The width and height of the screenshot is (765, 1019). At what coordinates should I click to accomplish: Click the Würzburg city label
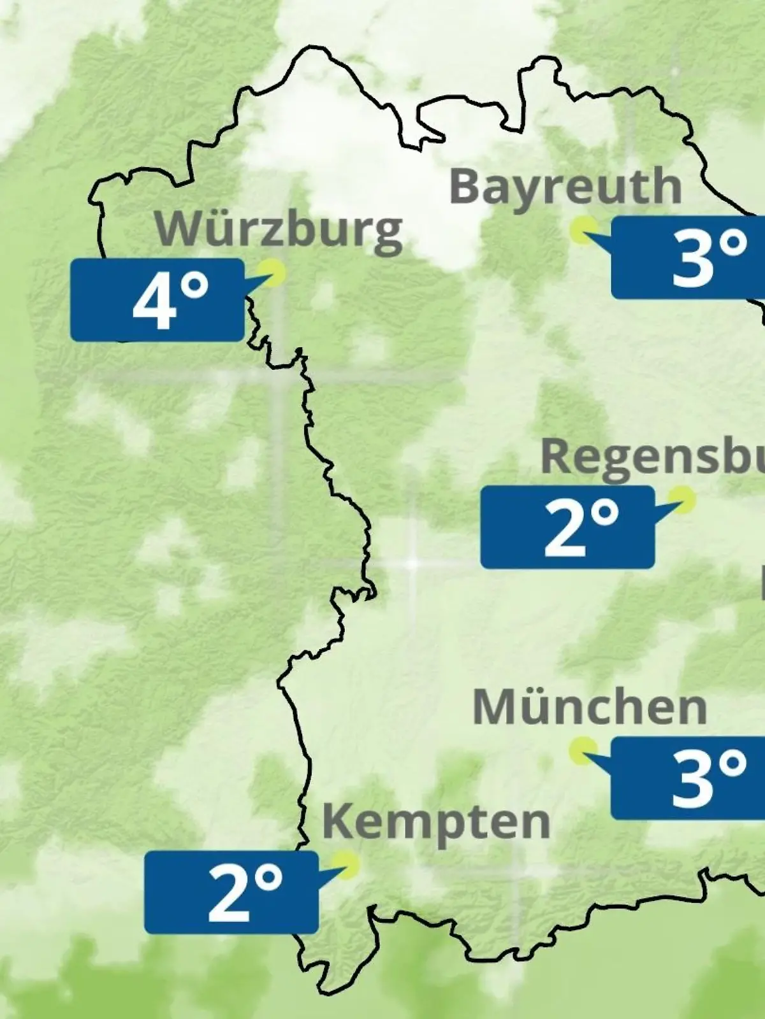[279, 229]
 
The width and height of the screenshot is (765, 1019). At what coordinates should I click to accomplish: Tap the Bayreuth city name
[565, 187]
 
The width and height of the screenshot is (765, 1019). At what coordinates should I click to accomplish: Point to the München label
[590, 707]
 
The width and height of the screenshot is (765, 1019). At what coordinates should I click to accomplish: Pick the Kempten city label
[436, 822]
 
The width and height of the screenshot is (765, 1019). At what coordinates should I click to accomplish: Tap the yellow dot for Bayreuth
[583, 230]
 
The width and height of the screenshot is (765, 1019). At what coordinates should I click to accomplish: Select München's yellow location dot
[583, 751]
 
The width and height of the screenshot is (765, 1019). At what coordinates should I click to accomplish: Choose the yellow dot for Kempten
[347, 864]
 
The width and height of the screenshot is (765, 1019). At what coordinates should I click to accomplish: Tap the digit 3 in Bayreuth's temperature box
[693, 259]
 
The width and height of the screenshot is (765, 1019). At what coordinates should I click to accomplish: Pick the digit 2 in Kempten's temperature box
[228, 893]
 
